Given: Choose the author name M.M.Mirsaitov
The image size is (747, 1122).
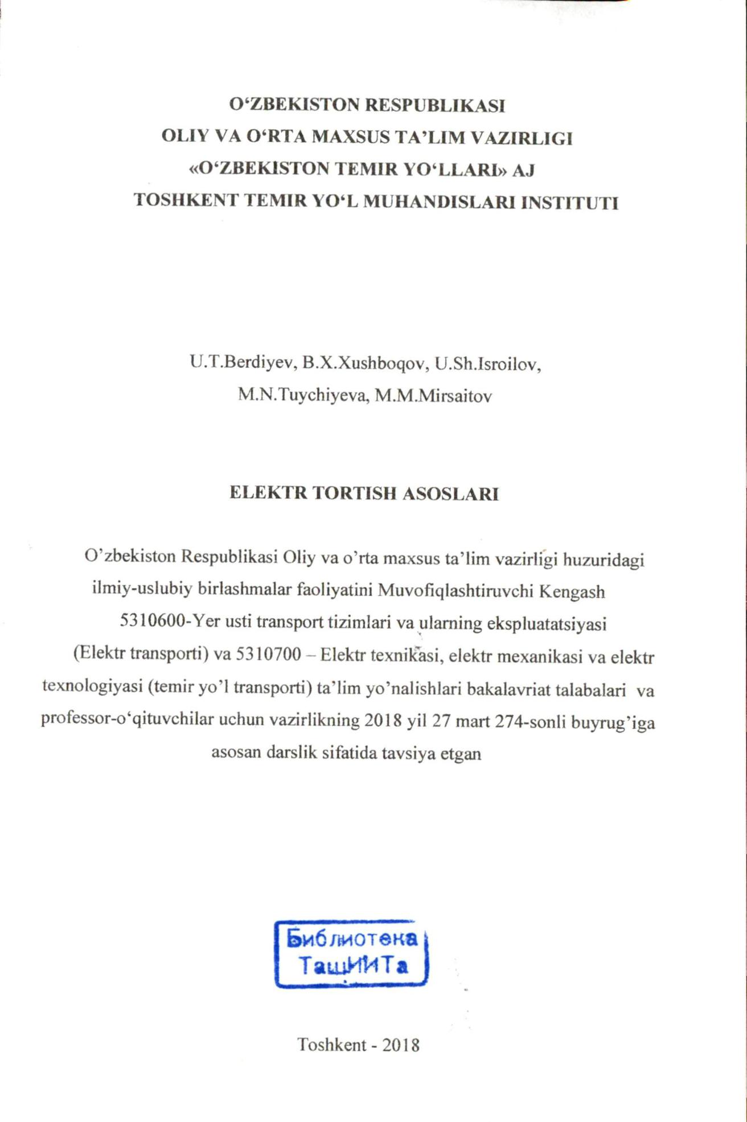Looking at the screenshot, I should click(433, 396).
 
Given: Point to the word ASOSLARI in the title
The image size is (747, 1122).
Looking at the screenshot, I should click(451, 494).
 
